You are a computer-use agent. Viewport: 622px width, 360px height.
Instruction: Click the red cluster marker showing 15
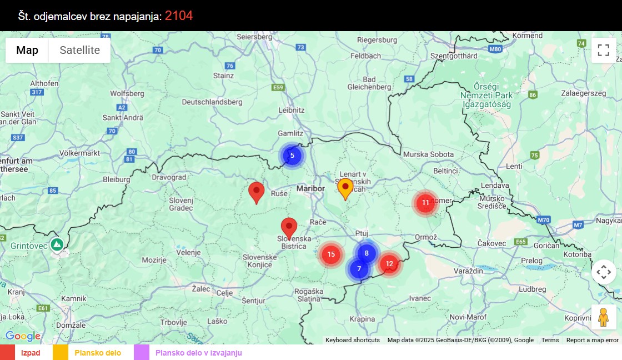331,254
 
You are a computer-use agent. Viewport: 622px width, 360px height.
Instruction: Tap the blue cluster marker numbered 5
292,156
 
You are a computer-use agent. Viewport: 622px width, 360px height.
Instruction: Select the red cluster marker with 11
425,203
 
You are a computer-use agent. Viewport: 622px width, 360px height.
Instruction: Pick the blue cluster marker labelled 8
367,253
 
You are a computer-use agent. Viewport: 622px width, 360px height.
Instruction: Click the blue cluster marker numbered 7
359,269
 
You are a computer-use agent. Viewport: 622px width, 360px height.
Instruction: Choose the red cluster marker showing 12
389,264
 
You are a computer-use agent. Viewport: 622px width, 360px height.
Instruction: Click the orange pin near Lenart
345,188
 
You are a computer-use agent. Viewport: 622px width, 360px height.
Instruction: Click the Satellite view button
79,50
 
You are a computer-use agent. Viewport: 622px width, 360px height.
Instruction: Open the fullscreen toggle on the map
604,50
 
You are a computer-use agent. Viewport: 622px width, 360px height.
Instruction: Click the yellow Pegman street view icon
604,317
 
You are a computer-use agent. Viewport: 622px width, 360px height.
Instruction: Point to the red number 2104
179,16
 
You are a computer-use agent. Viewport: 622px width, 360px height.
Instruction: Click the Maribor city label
310,189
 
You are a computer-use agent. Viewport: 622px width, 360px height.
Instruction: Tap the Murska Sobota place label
428,154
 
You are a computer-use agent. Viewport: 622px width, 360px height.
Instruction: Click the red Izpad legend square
7,353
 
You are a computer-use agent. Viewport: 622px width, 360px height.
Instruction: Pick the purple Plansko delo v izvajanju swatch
142,353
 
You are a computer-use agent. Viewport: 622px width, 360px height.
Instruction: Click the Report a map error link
592,340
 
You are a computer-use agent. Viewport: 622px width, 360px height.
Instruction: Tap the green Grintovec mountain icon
56,244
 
